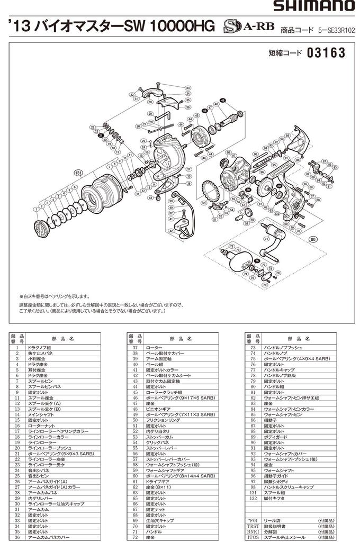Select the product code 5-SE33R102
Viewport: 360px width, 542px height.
(x=337, y=31)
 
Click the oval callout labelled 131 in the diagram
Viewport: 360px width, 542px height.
(x=78, y=173)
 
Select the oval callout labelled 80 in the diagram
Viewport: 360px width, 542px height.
(x=313, y=238)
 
